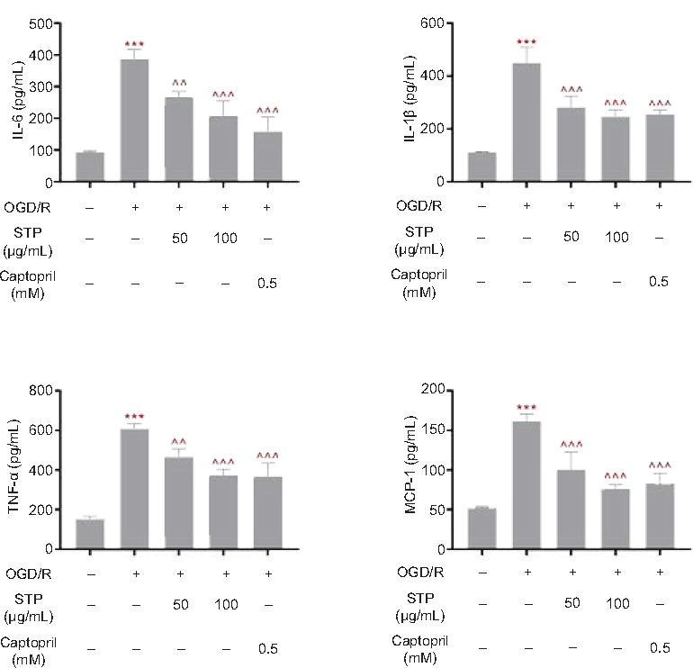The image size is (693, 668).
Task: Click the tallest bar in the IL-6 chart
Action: (x=134, y=121)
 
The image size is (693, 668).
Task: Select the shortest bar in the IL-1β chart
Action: (x=481, y=167)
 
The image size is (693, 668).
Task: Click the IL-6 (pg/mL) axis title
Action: (x=17, y=101)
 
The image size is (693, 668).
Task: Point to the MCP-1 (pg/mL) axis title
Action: (x=409, y=469)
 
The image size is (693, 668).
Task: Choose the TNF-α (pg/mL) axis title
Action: (x=17, y=469)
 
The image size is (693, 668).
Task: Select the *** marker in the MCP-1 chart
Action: (x=526, y=407)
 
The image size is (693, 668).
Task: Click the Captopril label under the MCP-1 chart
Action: (x=418, y=646)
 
